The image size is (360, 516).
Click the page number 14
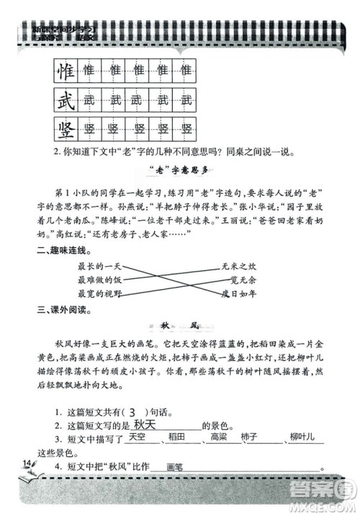point(27,463)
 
